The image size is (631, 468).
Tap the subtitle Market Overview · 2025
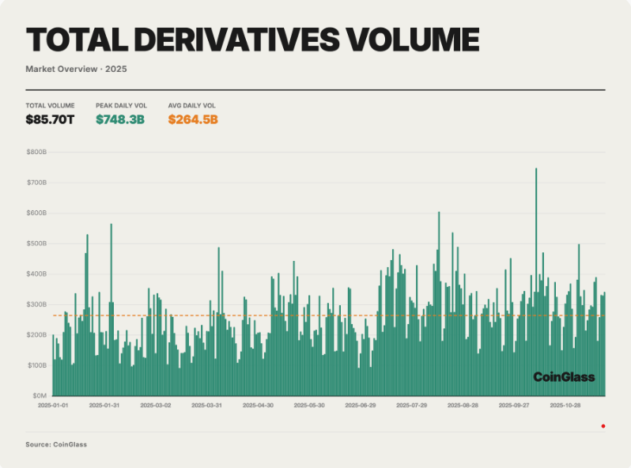pyautogui.click(x=76, y=69)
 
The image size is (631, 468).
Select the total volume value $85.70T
pyautogui.click(x=50, y=120)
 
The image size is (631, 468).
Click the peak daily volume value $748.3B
pyautogui.click(x=119, y=120)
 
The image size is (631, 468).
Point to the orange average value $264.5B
pyautogui.click(x=192, y=120)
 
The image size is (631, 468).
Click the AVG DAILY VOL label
pyautogui.click(x=191, y=105)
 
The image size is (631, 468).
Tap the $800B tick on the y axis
pyautogui.click(x=37, y=152)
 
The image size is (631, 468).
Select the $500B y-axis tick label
pyautogui.click(x=37, y=243)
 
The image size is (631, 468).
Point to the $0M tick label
pyautogui.click(x=40, y=396)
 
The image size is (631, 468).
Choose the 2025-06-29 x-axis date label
pyautogui.click(x=361, y=406)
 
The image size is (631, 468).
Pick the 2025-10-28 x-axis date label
pyautogui.click(x=566, y=406)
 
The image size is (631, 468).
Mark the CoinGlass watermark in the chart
pyautogui.click(x=563, y=377)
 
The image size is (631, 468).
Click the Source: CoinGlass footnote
pyautogui.click(x=56, y=444)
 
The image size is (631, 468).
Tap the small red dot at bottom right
pyautogui.click(x=603, y=426)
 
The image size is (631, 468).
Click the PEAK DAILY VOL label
pyautogui.click(x=121, y=105)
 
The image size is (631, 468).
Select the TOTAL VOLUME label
pyautogui.click(x=50, y=105)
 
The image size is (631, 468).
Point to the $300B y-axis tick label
pyautogui.click(x=37, y=304)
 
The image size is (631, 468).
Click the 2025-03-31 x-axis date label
pyautogui.click(x=207, y=406)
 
